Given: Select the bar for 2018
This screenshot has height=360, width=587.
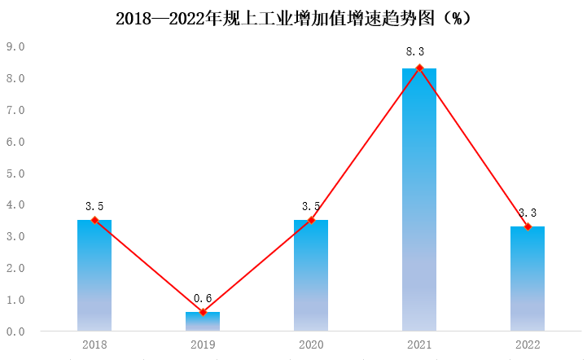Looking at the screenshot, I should coord(94,277).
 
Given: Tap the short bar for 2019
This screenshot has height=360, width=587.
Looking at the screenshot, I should coord(203,322).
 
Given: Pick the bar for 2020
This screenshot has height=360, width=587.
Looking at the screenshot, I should coord(311,277).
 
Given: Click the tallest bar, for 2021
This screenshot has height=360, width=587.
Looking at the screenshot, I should coord(419,204).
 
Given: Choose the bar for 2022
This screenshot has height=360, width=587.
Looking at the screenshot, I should coord(528,281).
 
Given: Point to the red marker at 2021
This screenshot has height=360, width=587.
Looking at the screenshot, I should coord(419,68).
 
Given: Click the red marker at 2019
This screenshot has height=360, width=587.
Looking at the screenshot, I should coord(203,312).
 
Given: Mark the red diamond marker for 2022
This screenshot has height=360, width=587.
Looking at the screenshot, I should coord(528,226).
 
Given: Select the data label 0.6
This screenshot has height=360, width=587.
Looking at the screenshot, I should coord(203,299).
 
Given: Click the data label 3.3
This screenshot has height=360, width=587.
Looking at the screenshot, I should coord(528,212).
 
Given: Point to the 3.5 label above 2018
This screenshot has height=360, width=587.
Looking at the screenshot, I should coord(94,206).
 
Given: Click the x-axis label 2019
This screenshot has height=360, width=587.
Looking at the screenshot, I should coord(203,345).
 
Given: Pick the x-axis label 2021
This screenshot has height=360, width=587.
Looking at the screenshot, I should coord(419,345).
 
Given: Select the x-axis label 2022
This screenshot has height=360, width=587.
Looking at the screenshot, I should coord(528,345).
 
